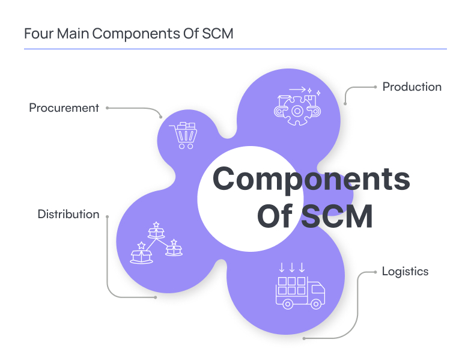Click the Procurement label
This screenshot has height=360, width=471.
(x=64, y=108)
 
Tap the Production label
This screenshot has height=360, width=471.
(x=412, y=87)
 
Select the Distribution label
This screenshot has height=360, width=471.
(x=68, y=214)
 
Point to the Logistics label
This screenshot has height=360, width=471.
(x=405, y=271)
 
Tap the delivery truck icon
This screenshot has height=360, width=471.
(x=299, y=292)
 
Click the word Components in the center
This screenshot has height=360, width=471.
(x=311, y=179)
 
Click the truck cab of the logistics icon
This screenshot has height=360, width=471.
(x=317, y=293)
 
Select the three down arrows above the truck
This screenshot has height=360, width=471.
(x=293, y=266)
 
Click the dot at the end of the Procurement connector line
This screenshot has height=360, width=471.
(x=107, y=108)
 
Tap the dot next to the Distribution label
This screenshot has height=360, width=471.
(x=108, y=215)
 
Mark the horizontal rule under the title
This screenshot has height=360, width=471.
(x=235, y=49)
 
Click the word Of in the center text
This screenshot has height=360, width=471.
(x=275, y=216)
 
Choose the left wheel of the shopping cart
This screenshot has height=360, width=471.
(x=180, y=145)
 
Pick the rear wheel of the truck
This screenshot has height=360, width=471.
(x=288, y=304)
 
